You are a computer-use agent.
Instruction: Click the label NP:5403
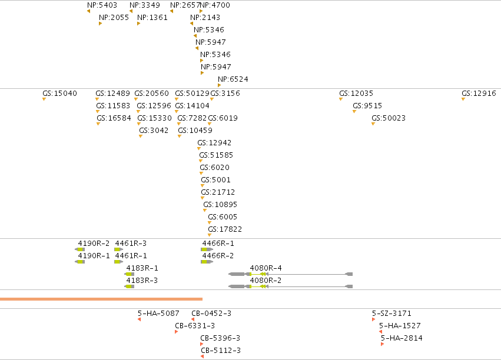[102, 5]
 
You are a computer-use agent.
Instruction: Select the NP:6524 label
[233, 79]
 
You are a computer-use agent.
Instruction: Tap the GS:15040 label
[59, 93]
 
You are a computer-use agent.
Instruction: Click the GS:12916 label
[479, 93]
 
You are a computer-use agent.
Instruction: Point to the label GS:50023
[389, 118]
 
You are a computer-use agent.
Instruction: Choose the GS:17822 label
[225, 229]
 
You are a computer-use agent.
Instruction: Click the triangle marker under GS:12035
[341, 99]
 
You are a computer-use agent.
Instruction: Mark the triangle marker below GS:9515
[354, 112]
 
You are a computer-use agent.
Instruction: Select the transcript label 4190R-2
[94, 243]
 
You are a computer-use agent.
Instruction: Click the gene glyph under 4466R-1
[207, 249]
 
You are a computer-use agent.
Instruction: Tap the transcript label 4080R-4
[266, 268]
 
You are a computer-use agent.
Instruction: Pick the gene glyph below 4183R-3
[130, 286]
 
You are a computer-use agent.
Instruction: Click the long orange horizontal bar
[101, 299]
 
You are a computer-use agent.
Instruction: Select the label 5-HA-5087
[158, 314]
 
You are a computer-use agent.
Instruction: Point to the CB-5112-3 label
[221, 351]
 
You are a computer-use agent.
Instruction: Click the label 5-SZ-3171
[391, 314]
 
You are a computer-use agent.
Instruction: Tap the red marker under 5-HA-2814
[383, 344]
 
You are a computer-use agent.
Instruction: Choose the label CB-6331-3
[195, 326]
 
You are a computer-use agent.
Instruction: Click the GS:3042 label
[154, 130]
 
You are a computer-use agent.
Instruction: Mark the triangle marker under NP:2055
[100, 24]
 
